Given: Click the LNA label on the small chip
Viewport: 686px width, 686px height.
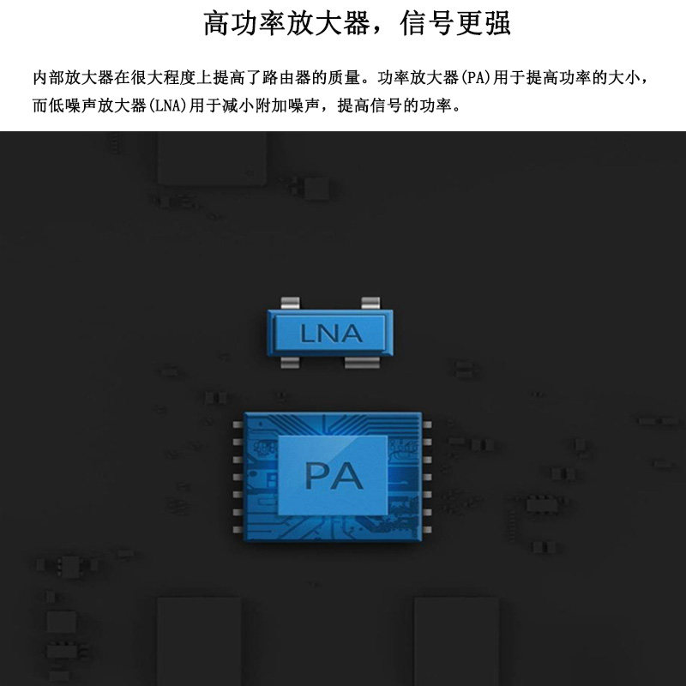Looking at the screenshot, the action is pos(331,334).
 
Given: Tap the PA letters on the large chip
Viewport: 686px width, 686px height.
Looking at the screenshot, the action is pos(334,474).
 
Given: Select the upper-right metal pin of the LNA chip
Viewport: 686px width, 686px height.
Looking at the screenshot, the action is pos(370,302).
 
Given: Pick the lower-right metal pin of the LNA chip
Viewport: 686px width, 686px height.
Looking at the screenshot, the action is pos(362,362).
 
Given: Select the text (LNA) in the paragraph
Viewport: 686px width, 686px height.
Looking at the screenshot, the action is pos(170,107).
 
